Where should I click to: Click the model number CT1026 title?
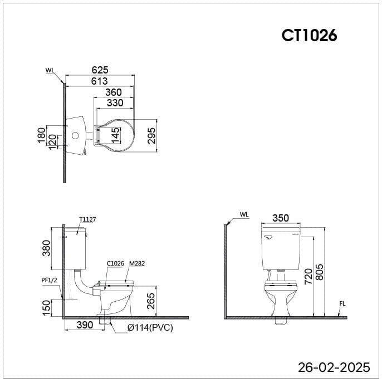(x=309, y=35)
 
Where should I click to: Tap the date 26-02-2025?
(x=334, y=367)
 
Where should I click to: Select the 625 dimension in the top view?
(x=99, y=70)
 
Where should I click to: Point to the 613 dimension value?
(x=99, y=81)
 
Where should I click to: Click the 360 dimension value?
(x=114, y=92)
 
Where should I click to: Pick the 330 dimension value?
(x=115, y=103)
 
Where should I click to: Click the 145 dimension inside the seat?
(x=115, y=135)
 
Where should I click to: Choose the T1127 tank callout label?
(x=87, y=219)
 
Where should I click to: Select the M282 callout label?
(x=137, y=263)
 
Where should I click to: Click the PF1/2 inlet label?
(x=50, y=280)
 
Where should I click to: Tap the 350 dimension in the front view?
(x=281, y=218)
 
